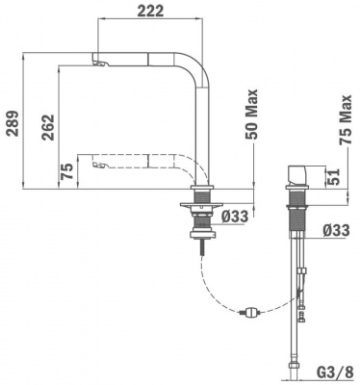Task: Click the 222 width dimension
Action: (x=149, y=11)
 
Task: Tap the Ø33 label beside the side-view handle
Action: (x=336, y=230)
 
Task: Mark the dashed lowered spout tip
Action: (x=96, y=167)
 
